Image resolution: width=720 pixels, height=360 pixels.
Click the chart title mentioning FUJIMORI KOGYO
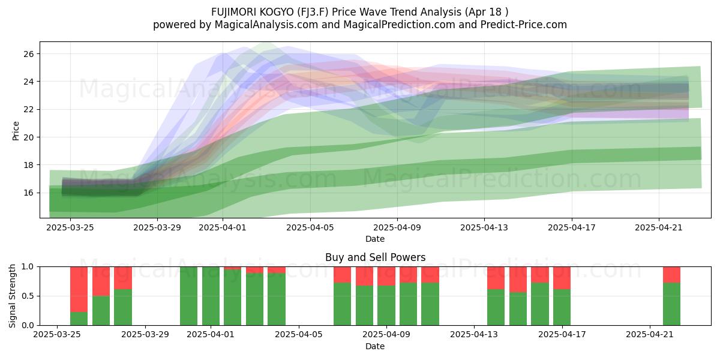[x=359, y=12]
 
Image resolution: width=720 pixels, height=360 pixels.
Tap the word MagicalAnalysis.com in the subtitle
[x=266, y=25]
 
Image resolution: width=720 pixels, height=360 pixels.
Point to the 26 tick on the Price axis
[x=29, y=54]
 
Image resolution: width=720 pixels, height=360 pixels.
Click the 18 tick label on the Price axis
[x=29, y=165]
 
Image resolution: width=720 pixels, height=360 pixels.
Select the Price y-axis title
[x=16, y=131]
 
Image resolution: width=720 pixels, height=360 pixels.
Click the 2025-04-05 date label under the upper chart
[x=310, y=227]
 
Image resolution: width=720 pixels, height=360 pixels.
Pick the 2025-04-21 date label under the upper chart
[x=659, y=227]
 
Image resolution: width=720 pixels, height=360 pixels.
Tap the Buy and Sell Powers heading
[x=375, y=257]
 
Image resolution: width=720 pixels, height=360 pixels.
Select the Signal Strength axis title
[x=12, y=296]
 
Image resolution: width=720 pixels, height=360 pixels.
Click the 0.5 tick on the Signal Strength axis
[x=28, y=296]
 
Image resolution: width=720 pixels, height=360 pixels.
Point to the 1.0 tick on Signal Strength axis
[x=28, y=267]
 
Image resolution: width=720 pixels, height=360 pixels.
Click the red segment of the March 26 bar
[x=79, y=289]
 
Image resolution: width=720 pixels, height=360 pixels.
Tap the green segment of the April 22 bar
[x=672, y=304]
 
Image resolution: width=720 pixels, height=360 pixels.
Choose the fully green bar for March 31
[x=188, y=296]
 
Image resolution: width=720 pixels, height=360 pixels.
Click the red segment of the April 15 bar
[x=518, y=280]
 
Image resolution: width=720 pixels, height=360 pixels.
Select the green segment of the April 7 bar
[x=343, y=304]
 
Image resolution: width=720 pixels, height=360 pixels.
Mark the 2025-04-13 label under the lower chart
[x=474, y=335]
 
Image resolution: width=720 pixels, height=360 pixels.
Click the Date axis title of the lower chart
[x=375, y=346]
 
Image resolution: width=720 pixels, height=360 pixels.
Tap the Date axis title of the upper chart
[x=375, y=239]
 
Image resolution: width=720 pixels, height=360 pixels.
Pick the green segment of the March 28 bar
[x=123, y=307]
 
